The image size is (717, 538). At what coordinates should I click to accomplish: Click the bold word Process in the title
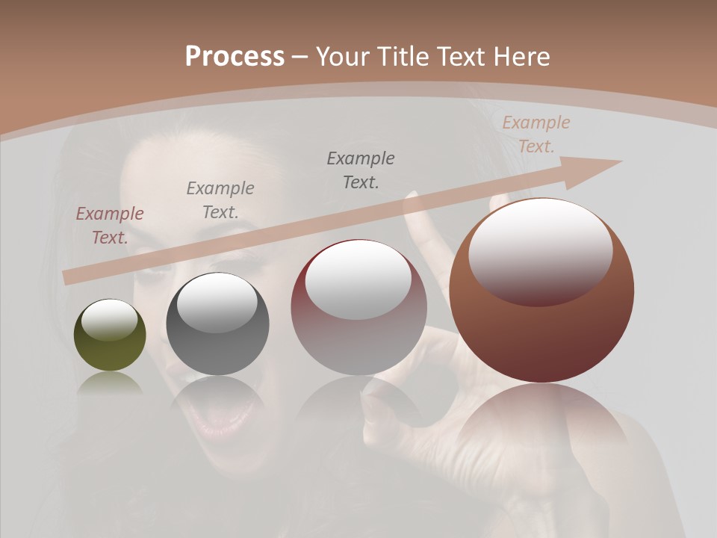[235, 57]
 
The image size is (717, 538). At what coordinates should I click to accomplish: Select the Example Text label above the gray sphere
[220, 200]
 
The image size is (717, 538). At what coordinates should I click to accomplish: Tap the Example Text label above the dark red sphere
[361, 170]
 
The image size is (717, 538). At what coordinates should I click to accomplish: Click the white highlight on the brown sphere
[540, 250]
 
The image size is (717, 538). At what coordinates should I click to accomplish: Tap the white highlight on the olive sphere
[110, 320]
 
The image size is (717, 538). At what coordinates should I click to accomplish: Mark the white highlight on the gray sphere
[217, 303]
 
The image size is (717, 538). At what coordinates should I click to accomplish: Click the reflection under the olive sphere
[110, 384]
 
